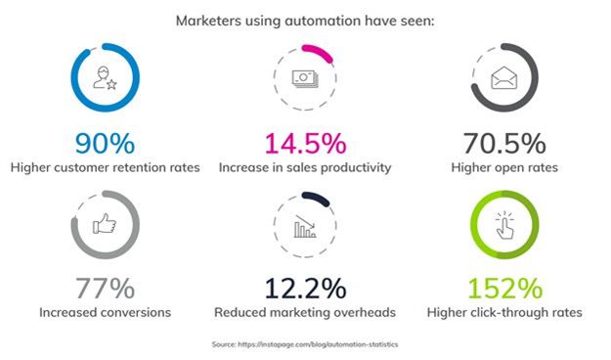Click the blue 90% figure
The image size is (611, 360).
coord(105,144)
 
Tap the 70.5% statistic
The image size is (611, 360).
coord(504,144)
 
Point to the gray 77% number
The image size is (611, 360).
coord(104,290)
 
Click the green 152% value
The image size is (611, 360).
coord(505,290)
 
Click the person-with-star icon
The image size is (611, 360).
coord(105,79)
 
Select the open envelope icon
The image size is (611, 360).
coord(505,79)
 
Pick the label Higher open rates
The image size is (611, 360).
coord(505,167)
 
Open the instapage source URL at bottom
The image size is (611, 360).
coord(324,345)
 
